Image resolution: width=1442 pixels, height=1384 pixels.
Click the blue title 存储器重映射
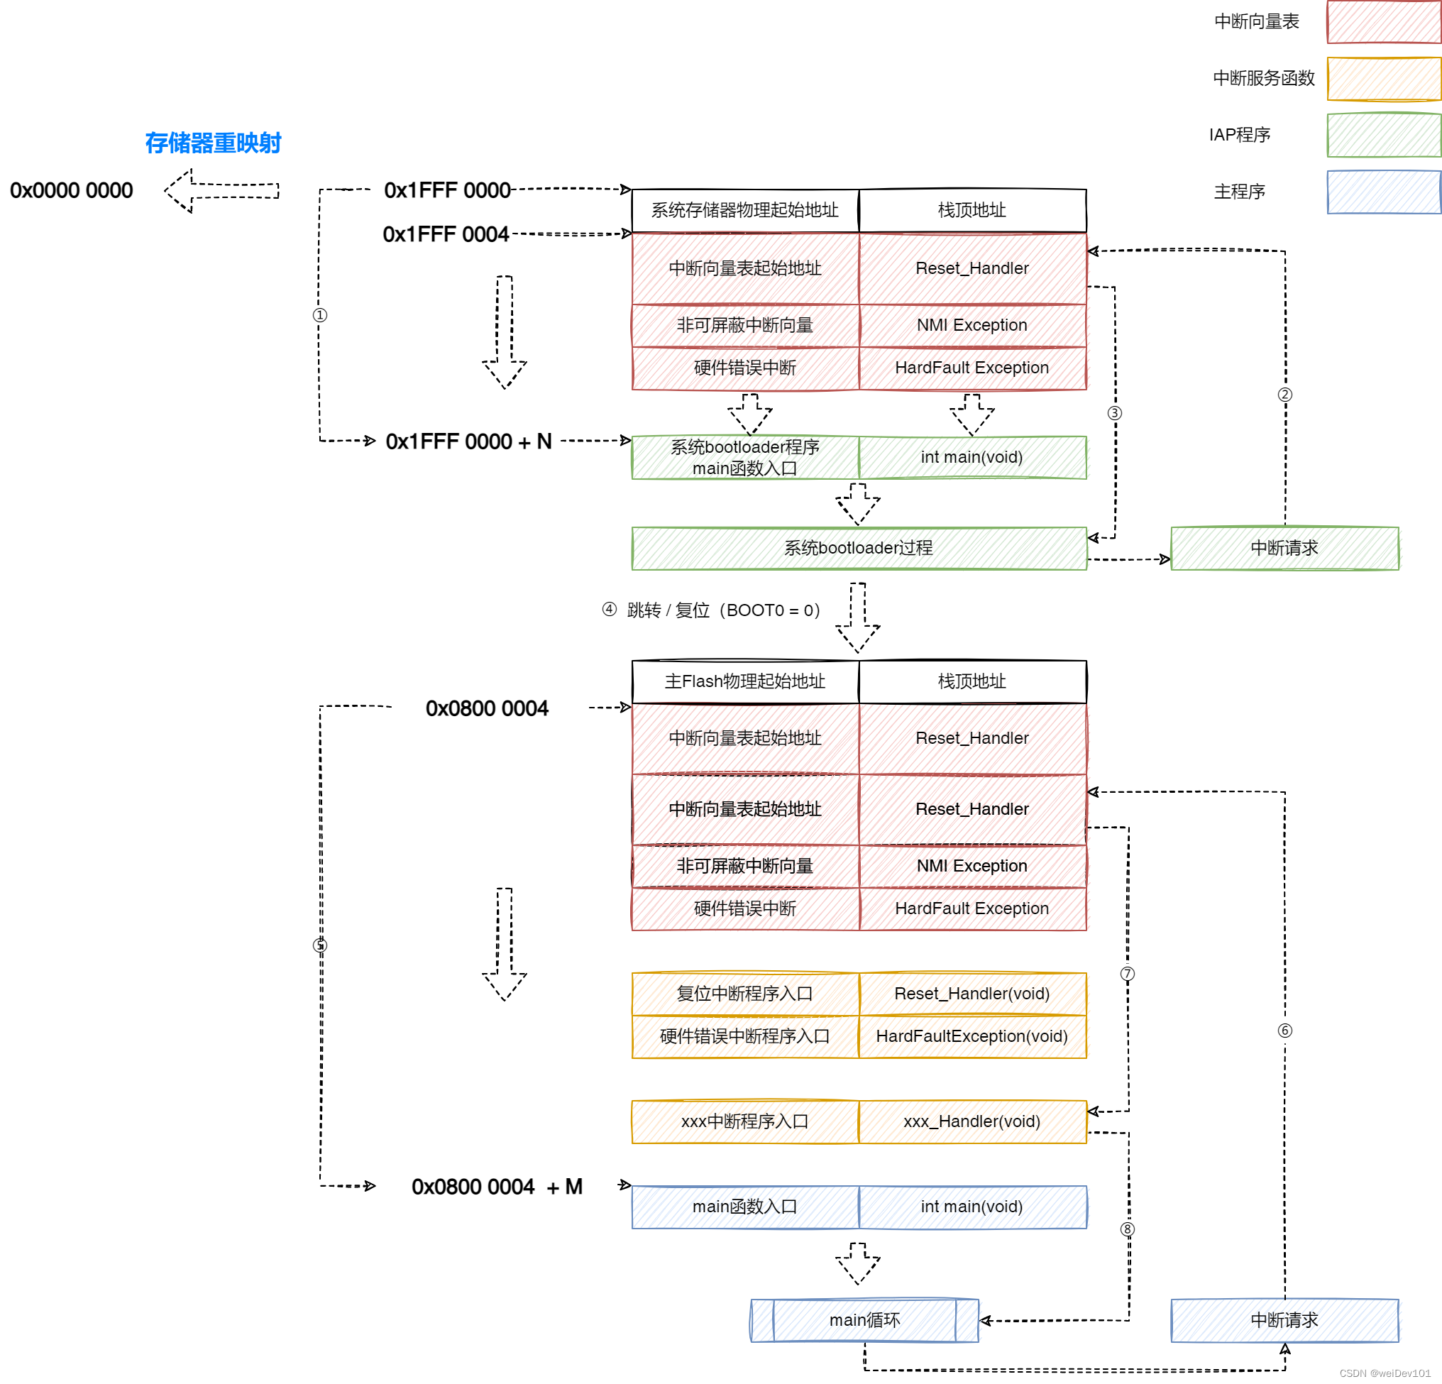[213, 143]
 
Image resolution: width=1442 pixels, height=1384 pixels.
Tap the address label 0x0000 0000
[72, 191]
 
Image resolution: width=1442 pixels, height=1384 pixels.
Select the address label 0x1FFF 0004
[446, 234]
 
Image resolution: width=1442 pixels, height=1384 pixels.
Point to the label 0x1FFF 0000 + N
[468, 441]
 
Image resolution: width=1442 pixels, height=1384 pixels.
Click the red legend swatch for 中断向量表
[1384, 21]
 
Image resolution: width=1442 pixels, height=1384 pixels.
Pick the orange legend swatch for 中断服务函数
[1384, 78]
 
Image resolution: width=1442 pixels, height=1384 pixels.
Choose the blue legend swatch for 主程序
[1384, 192]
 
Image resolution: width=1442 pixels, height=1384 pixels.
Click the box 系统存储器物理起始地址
[745, 210]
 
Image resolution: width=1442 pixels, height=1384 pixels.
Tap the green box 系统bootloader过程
[859, 548]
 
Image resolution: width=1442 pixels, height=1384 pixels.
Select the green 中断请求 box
[1284, 548]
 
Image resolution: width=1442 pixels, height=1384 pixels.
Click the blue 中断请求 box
[1284, 1320]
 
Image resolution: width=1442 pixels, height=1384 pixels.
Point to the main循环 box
[864, 1320]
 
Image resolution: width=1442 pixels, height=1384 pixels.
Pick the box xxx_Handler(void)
[973, 1121]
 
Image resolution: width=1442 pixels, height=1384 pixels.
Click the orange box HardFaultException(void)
[973, 1036]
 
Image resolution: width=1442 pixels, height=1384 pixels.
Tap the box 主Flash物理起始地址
[745, 681]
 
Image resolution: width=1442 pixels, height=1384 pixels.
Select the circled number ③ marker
[1115, 413]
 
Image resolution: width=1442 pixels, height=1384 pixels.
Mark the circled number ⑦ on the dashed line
[1127, 974]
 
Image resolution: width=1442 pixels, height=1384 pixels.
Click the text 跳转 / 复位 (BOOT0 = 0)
[723, 610]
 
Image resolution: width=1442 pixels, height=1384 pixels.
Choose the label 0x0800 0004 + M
[497, 1186]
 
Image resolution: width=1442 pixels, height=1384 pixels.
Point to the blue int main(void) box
[973, 1207]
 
